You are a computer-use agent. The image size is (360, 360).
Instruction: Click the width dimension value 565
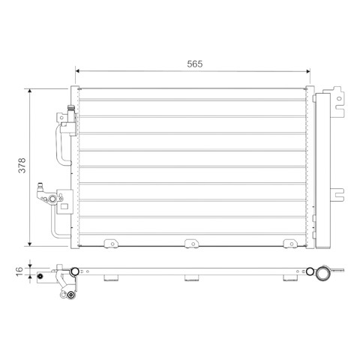pos(195,64)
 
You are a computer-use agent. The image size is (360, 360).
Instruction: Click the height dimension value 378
pos(22,165)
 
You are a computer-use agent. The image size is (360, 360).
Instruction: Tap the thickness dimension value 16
pos(19,271)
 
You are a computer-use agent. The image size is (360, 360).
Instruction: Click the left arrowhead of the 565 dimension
pos(77,71)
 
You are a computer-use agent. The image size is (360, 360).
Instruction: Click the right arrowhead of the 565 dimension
pos(308,71)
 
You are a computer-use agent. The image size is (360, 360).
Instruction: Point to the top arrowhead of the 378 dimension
pos(30,91)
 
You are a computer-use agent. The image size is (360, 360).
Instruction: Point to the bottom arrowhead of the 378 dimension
pos(30,244)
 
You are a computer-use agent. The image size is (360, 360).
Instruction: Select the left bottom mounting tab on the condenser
pos(111,244)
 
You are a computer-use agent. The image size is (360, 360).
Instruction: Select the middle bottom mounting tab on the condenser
pos(192,244)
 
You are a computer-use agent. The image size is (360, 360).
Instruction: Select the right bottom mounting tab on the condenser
pos(290,244)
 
